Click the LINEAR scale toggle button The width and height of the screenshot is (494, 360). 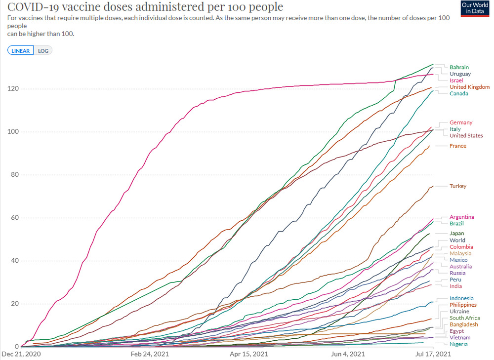(x=20, y=50)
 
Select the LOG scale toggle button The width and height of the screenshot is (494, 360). (x=43, y=50)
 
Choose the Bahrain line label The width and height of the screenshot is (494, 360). (x=459, y=67)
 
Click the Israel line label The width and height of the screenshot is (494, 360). (x=456, y=80)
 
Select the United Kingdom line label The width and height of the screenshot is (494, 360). (x=469, y=87)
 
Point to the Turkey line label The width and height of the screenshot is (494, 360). (x=457, y=186)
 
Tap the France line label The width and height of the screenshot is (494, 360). (x=457, y=146)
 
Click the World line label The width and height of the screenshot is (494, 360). (x=457, y=240)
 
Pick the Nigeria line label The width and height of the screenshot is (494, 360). (x=458, y=344)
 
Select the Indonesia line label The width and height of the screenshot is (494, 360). (x=461, y=298)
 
